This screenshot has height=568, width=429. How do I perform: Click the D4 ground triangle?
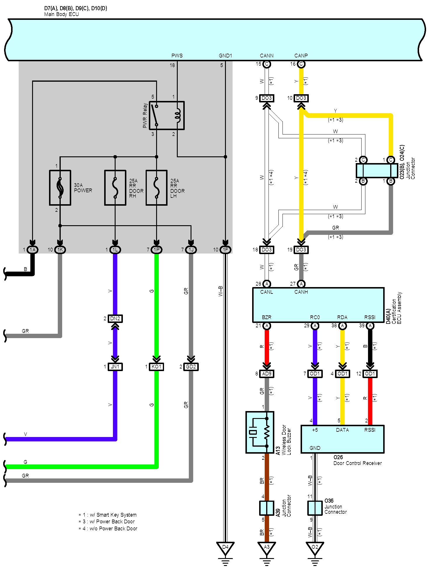click(x=225, y=549)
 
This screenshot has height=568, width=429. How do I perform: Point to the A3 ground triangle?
click(x=267, y=549)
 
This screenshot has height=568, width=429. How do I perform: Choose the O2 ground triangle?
click(x=315, y=549)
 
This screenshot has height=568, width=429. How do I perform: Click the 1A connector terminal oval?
click(x=32, y=250)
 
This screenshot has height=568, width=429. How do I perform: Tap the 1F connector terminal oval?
click(x=225, y=250)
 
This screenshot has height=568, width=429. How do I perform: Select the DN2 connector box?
click(x=115, y=319)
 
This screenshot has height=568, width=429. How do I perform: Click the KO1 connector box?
click(x=157, y=367)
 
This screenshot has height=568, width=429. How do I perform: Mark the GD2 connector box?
click(x=191, y=367)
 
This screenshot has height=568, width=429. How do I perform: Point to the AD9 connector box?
click(x=267, y=374)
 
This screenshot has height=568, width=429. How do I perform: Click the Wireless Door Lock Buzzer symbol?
click(x=260, y=432)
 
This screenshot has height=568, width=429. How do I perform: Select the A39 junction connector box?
click(x=267, y=508)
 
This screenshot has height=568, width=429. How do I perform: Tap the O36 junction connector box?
click(x=315, y=508)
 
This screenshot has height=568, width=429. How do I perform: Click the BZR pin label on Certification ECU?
click(x=266, y=317)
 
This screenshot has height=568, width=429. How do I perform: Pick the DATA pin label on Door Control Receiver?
click(x=342, y=430)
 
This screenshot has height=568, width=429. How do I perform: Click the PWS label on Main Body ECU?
click(x=177, y=55)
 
